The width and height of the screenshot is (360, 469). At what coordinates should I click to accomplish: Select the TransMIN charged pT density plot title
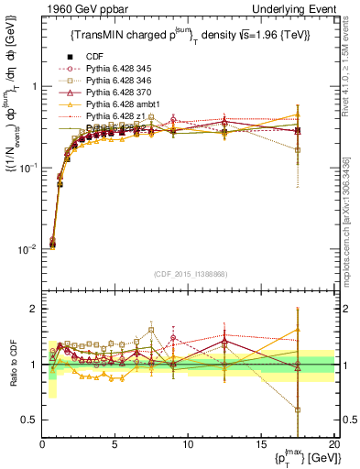(190, 35)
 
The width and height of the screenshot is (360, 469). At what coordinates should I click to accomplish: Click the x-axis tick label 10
(188, 443)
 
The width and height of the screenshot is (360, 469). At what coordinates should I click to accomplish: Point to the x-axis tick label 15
(261, 443)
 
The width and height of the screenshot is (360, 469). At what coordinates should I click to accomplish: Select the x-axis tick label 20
(333, 443)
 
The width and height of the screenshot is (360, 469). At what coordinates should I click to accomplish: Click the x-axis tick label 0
(43, 443)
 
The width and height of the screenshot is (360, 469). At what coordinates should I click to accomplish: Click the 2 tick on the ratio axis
(34, 309)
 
